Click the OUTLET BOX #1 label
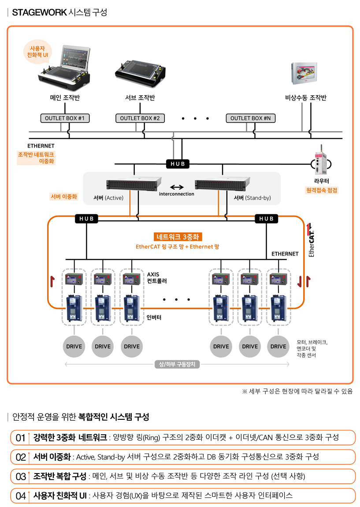click(x=65, y=118)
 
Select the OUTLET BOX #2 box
click(x=140, y=118)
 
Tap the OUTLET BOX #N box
click(x=251, y=118)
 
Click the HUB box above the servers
click(x=178, y=164)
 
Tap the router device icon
click(x=321, y=162)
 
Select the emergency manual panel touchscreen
click(x=304, y=73)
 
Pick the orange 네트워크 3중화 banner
click(x=178, y=237)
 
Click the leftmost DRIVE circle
click(x=74, y=346)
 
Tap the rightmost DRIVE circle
click(x=278, y=346)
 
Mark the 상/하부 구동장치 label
click(x=177, y=364)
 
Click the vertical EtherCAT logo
click(x=312, y=240)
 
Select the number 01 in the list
click(x=20, y=437)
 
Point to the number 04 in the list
click(x=20, y=496)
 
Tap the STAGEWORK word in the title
click(x=39, y=12)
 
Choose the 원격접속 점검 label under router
click(x=322, y=190)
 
